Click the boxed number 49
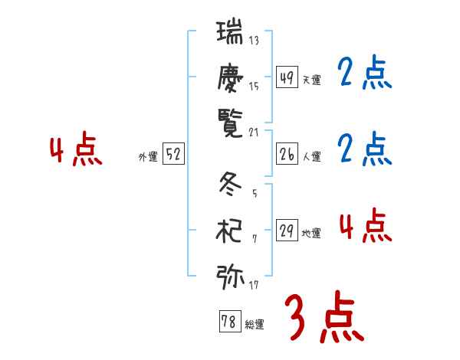[x=287, y=77]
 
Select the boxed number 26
[x=287, y=153]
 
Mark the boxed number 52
[x=173, y=154]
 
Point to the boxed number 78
[x=229, y=322]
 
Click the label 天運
[x=311, y=80]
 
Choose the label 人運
[x=311, y=156]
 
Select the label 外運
[x=148, y=157]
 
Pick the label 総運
[x=254, y=325]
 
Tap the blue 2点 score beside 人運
[x=365, y=149]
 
